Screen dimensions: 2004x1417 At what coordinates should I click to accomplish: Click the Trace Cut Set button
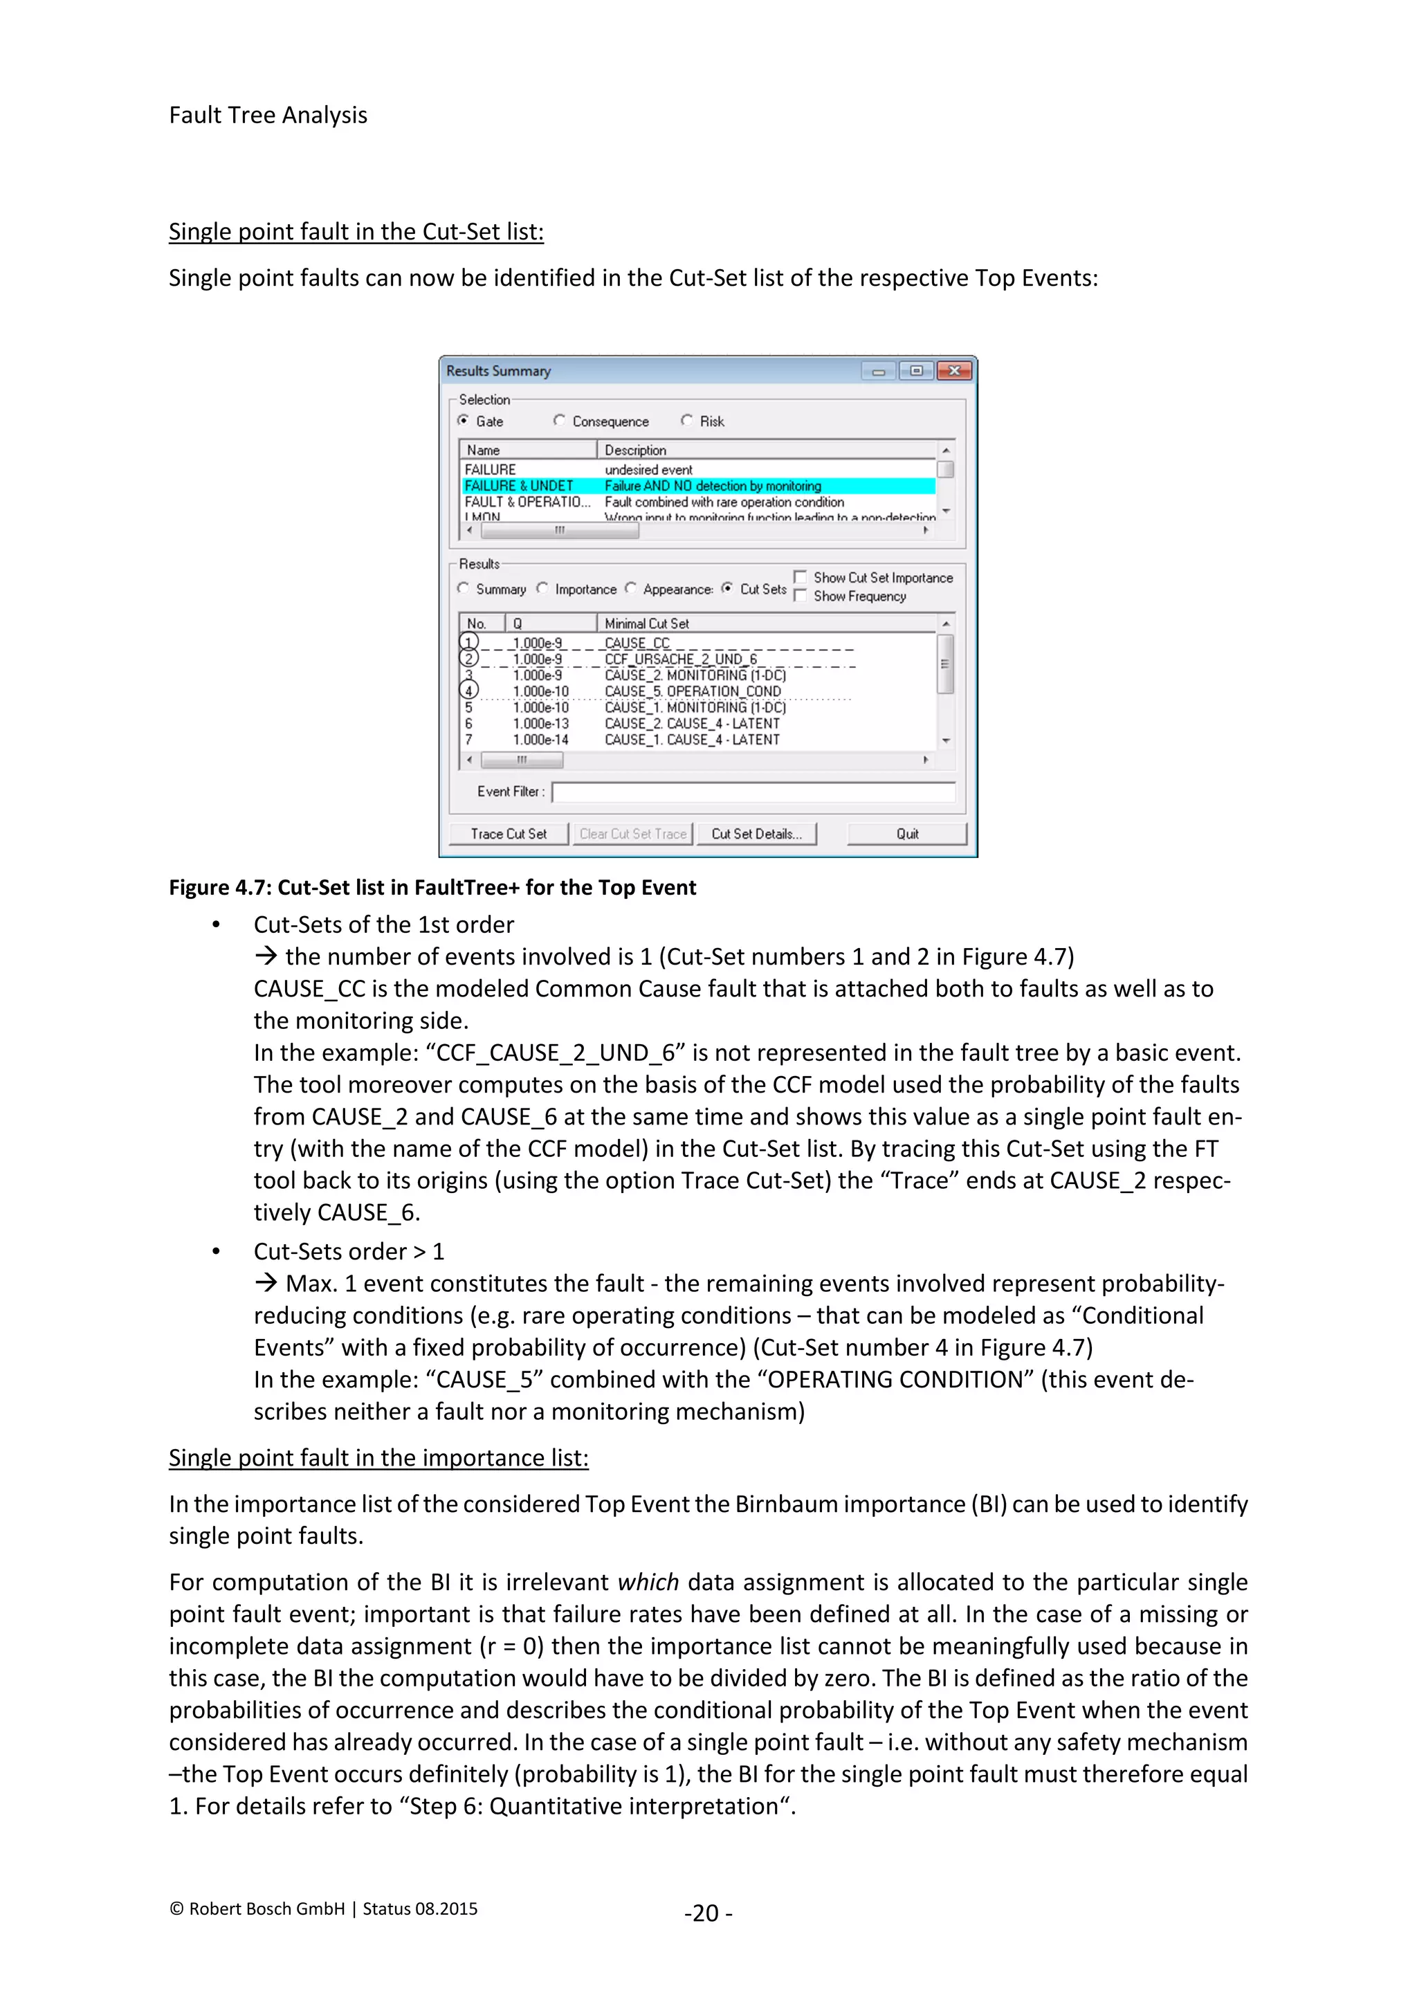509,834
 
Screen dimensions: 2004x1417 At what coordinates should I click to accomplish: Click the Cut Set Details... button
756,834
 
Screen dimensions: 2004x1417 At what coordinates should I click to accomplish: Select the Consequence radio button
559,421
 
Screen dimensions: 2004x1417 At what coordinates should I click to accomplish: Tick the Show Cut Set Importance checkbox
800,577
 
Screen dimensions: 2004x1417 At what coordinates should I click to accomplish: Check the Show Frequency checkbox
800,595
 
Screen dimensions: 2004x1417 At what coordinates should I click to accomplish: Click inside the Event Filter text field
753,792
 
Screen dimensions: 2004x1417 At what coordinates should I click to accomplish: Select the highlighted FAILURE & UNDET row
698,485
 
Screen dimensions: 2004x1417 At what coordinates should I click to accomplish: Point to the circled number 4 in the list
469,691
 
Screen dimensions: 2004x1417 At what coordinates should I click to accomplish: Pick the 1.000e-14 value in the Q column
540,739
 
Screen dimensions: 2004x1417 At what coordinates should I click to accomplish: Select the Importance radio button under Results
542,588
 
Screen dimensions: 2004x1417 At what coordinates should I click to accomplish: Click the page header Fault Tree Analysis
268,115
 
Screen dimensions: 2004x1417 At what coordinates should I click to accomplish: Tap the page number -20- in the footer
708,1913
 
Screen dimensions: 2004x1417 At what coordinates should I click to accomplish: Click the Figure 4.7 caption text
432,888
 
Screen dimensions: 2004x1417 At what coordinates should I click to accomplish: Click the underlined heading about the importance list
378,1457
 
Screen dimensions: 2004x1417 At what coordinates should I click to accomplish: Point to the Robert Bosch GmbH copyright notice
323,1909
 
